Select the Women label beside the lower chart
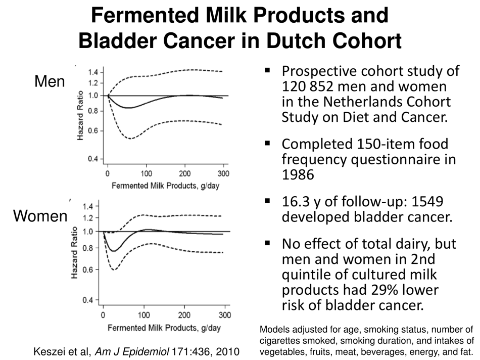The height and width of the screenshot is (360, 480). [x=40, y=216]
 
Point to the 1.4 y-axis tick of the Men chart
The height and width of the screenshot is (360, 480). [x=93, y=72]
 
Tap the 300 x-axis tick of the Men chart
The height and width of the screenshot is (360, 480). [x=223, y=174]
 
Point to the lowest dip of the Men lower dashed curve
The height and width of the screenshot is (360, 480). [x=130, y=138]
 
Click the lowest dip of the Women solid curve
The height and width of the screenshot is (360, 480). [x=114, y=251]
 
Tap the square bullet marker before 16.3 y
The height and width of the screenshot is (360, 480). [x=268, y=201]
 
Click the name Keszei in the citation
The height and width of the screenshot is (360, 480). [x=50, y=350]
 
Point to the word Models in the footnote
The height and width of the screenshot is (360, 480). [x=273, y=329]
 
